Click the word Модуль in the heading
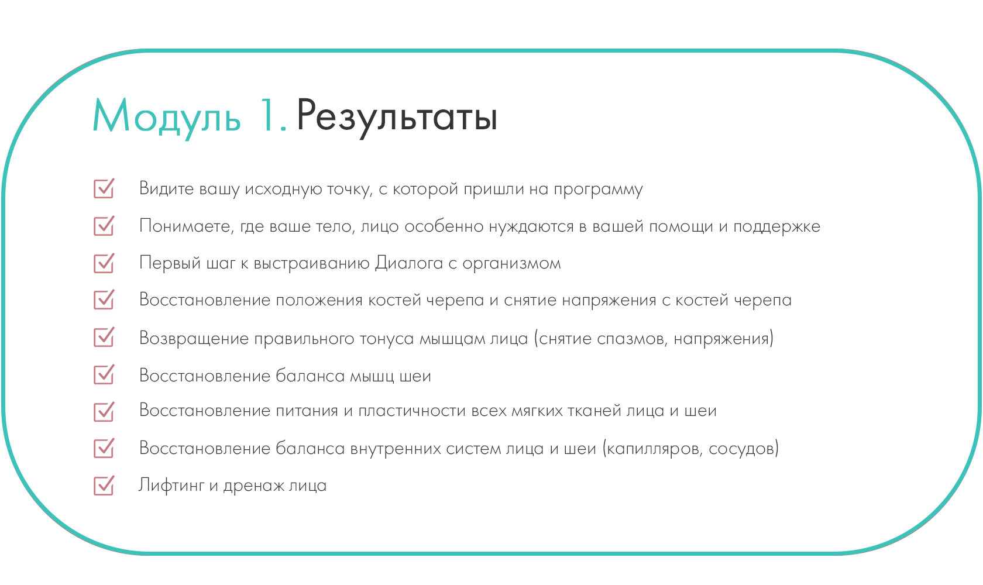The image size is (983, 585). click(167, 116)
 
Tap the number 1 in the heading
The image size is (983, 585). click(267, 115)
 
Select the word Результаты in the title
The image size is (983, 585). click(397, 116)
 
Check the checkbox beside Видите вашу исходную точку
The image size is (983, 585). click(104, 188)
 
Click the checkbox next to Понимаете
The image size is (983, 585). click(104, 226)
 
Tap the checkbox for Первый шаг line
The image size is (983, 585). click(104, 263)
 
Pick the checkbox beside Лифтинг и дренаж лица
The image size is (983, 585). click(104, 486)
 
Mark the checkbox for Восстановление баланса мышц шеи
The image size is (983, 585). click(104, 374)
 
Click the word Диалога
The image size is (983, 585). click(409, 263)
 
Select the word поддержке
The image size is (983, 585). click(777, 227)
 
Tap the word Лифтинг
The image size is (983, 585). click(171, 486)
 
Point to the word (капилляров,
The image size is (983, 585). click(653, 449)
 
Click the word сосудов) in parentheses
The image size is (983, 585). click(744, 449)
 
